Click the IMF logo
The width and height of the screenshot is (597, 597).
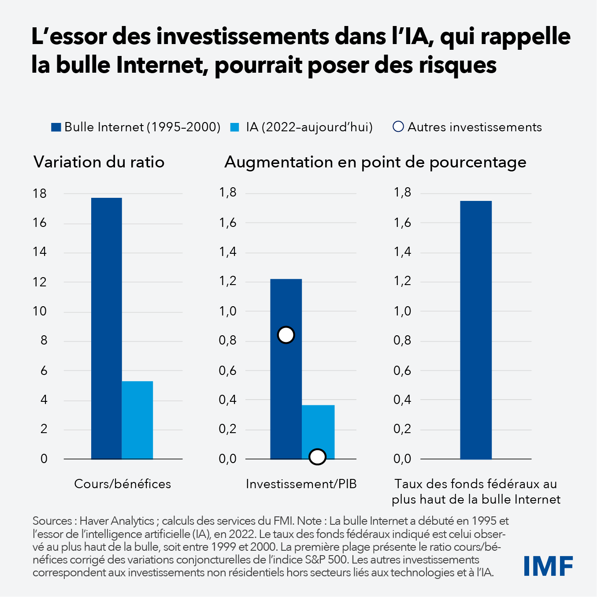tap(548, 566)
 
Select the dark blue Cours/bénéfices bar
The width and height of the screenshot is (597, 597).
tap(107, 328)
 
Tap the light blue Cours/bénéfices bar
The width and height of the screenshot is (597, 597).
tap(137, 420)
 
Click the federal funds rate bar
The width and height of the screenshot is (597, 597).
tap(476, 330)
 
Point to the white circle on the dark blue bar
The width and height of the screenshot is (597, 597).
tap(286, 335)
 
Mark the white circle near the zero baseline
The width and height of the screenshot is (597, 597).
tap(317, 457)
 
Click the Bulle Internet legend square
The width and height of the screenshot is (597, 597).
tap(56, 127)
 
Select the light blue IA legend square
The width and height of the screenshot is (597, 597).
tap(235, 127)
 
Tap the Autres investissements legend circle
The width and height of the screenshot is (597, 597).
tap(398, 127)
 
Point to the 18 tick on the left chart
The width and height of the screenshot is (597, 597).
tap(40, 193)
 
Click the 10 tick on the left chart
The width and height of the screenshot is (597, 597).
tap(40, 311)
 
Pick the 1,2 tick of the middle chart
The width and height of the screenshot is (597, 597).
tap(228, 281)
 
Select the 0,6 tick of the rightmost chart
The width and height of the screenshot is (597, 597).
tap(402, 371)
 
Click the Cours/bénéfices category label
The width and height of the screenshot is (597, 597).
tap(122, 484)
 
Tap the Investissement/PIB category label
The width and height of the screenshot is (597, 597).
tap(301, 484)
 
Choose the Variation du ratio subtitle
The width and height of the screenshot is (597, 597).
tap(99, 162)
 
